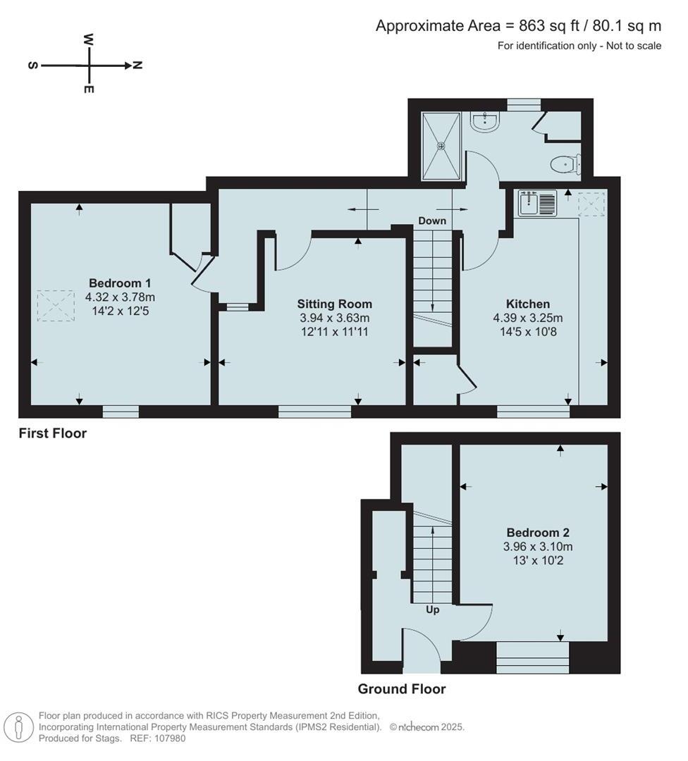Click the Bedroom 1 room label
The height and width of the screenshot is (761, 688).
click(120, 284)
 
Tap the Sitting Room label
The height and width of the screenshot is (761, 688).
click(334, 304)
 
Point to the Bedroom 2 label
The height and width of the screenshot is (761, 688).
click(538, 533)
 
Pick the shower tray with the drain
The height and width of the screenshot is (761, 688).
click(441, 146)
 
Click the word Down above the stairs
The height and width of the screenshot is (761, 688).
click(432, 221)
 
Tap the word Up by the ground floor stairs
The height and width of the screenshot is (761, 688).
click(433, 610)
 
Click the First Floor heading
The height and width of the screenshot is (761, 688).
click(53, 433)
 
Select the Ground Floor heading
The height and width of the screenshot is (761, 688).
click(402, 689)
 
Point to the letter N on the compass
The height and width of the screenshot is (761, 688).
click(138, 66)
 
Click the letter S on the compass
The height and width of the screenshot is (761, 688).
click(32, 66)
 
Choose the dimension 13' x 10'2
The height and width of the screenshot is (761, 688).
click(538, 560)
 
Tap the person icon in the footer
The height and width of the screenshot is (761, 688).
click(19, 726)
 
